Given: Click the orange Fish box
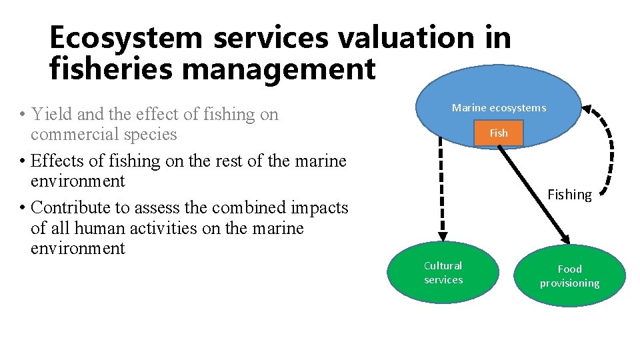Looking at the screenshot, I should point(498,133).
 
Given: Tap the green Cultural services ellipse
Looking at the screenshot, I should point(443,273).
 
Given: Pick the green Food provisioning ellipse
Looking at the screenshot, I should point(569,275).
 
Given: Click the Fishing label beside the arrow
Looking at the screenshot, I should point(569,195).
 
